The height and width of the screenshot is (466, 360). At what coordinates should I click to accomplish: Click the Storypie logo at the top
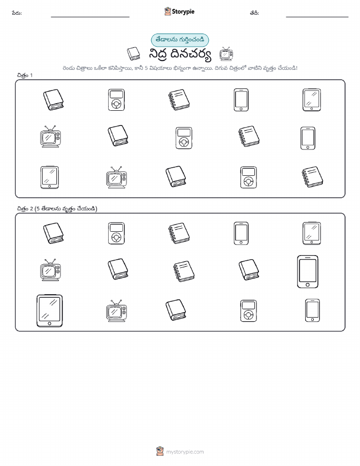[179, 12]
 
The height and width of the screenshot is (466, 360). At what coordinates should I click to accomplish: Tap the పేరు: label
[17, 13]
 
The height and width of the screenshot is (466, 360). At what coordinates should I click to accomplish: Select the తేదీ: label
[254, 13]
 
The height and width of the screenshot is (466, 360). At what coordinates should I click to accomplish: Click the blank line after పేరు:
[90, 17]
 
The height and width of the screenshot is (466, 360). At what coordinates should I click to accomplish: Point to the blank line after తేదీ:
[317, 17]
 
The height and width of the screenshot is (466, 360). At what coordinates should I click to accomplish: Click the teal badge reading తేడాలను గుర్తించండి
[180, 40]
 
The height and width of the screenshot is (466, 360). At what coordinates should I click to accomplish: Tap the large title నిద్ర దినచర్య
[180, 55]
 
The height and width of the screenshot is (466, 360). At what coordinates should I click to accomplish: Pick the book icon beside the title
[134, 54]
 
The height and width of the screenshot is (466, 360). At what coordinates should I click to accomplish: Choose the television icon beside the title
[226, 54]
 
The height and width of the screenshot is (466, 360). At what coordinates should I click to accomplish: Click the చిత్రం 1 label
[25, 76]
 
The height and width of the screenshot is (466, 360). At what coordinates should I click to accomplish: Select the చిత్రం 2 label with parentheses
[57, 209]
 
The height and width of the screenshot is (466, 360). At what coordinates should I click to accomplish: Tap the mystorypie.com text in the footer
[185, 452]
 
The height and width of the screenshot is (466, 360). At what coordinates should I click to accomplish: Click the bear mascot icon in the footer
[160, 451]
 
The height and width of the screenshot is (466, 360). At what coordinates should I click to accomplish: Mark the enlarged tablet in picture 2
[50, 311]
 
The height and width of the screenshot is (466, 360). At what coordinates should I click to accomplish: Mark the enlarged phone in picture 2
[308, 272]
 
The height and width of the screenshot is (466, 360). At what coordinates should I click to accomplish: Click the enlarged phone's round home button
[308, 285]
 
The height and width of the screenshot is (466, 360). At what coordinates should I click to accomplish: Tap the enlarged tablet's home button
[50, 323]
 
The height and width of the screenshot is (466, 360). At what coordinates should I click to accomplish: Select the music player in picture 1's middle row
[184, 138]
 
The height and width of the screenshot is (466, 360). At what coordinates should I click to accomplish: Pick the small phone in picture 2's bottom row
[312, 310]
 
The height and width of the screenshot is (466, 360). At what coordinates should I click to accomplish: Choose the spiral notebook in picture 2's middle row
[184, 271]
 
